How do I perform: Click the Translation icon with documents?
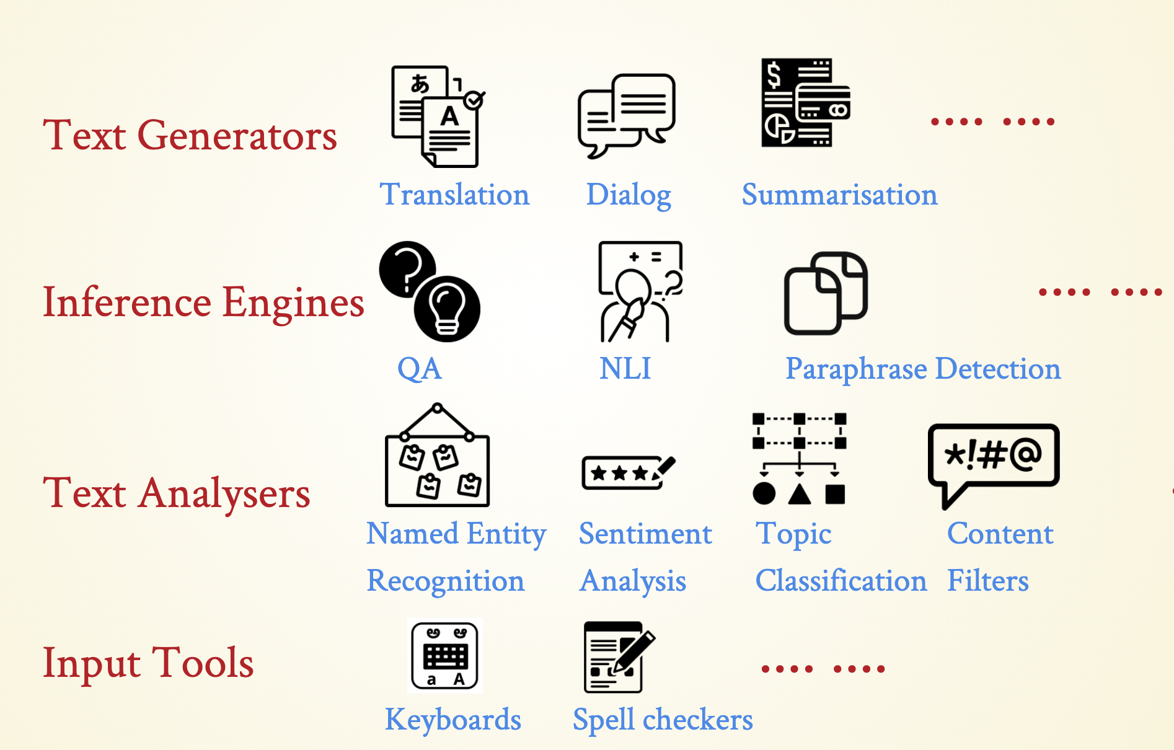[x=437, y=117]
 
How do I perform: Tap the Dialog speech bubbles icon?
[x=626, y=115]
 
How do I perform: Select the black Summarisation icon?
[x=805, y=103]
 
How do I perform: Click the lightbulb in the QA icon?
[x=447, y=309]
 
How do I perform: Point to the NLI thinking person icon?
[x=640, y=291]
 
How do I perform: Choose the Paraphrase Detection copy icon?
[x=825, y=293]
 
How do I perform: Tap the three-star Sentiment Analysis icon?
[x=627, y=473]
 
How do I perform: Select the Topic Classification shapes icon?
[x=799, y=459]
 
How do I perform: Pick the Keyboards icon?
[x=445, y=656]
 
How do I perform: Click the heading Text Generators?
[x=190, y=135]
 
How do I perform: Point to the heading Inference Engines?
[x=203, y=302]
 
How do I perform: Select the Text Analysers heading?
[x=177, y=493]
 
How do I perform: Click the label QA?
[x=420, y=369]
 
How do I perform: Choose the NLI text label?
[x=625, y=369]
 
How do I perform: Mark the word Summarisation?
[x=839, y=195]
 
